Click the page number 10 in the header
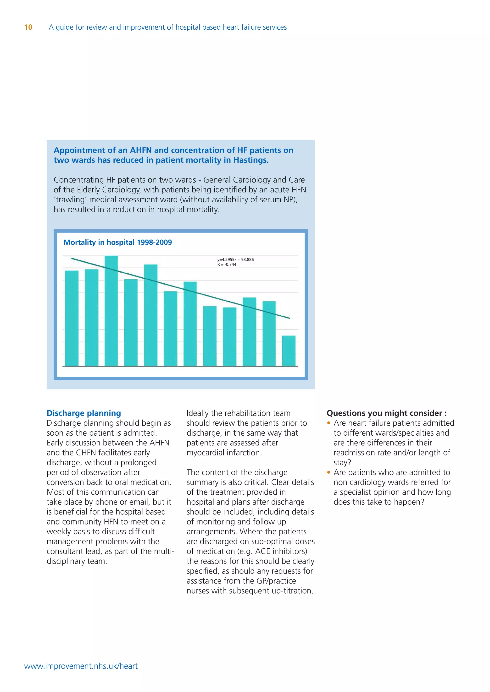tap(28, 27)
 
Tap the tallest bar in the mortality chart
tap(111, 310)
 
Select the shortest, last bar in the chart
tap(289, 351)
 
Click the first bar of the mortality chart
tap(72, 318)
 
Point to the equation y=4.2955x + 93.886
tap(235, 259)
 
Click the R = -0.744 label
tap(227, 265)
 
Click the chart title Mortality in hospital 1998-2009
tap(118, 242)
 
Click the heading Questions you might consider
tap(386, 413)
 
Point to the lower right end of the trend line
tap(289, 318)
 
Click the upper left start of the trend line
tap(72, 258)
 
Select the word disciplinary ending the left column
tap(67, 561)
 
